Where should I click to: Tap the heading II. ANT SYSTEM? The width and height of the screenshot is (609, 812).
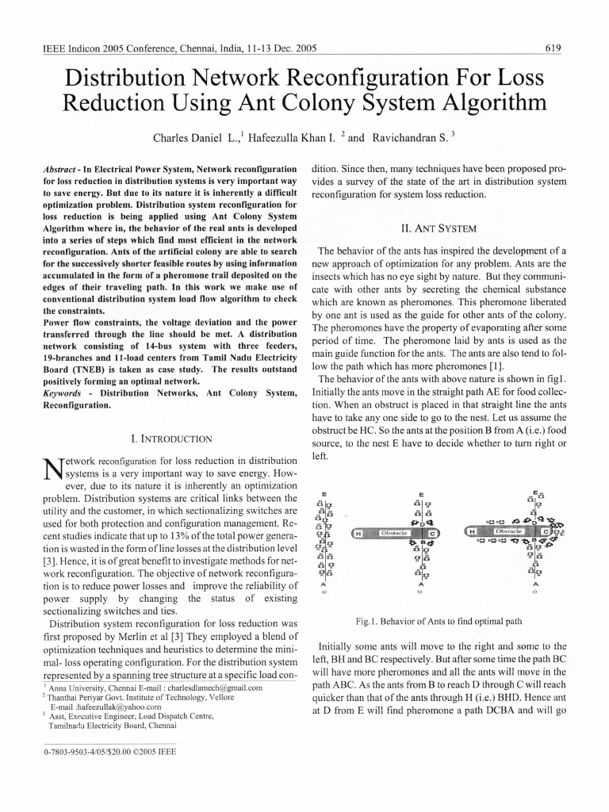[x=439, y=228]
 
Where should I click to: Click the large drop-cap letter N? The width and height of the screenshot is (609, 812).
[x=50, y=472]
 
